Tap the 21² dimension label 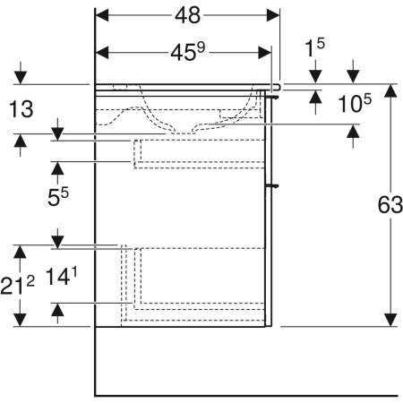pos(18,286)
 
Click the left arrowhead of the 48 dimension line pos(101,15)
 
